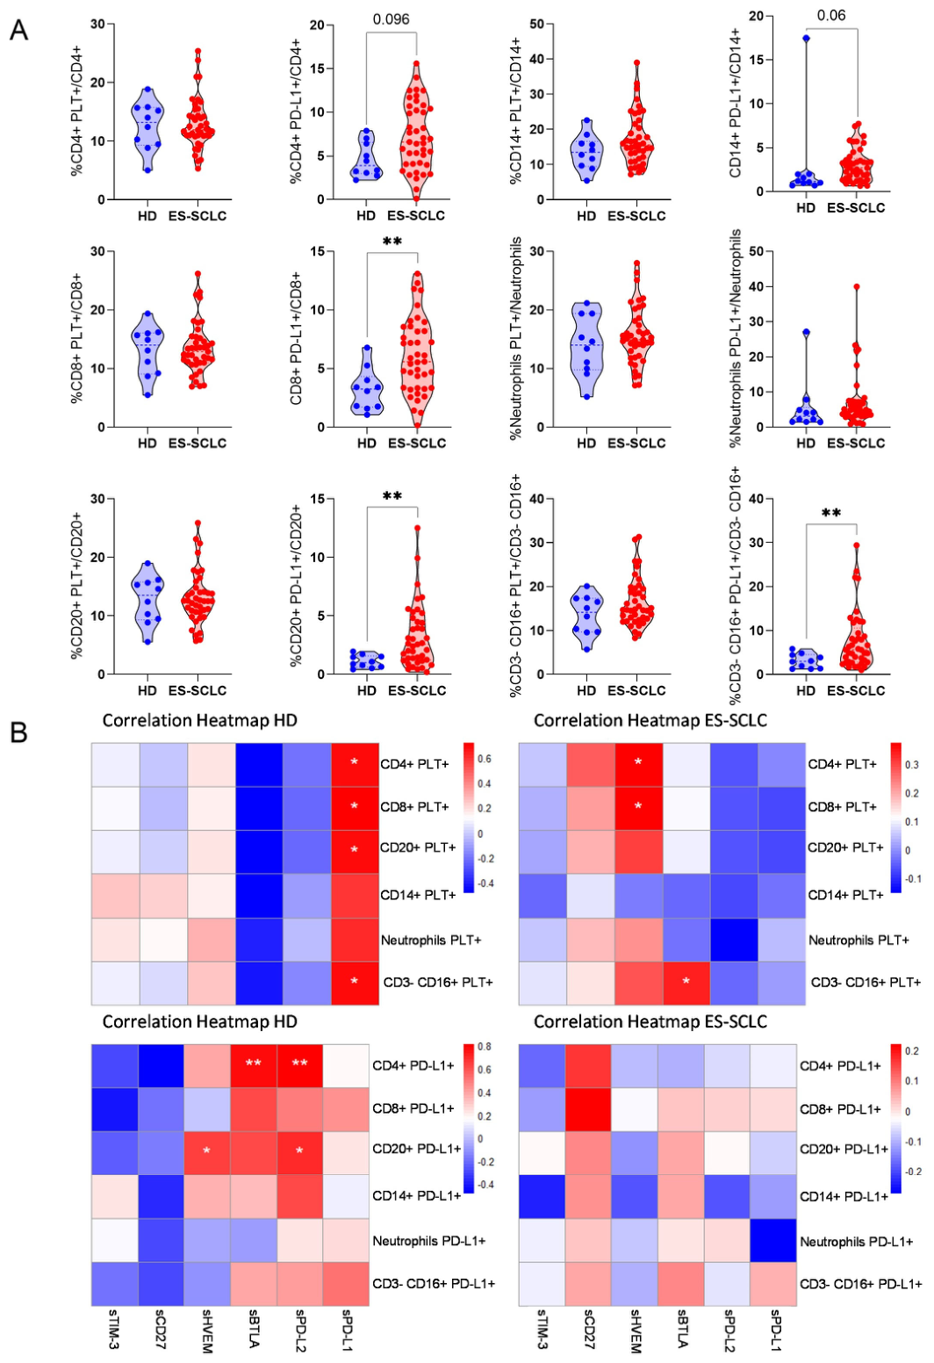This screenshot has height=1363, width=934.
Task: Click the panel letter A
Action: pyautogui.click(x=18, y=30)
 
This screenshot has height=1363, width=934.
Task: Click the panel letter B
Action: pyautogui.click(x=18, y=732)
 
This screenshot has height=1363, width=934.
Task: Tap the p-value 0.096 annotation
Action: pyautogui.click(x=391, y=19)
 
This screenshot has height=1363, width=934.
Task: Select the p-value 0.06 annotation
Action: pyautogui.click(x=831, y=15)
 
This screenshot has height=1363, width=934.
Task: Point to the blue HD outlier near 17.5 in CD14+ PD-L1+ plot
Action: pyautogui.click(x=807, y=39)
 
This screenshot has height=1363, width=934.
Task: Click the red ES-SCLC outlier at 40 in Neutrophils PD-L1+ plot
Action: pyautogui.click(x=856, y=286)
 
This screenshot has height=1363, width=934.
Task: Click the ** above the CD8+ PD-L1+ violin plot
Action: pyautogui.click(x=392, y=242)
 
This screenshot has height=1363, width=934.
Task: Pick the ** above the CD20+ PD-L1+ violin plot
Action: pyautogui.click(x=392, y=496)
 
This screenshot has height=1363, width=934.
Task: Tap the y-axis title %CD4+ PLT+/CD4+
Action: pyautogui.click(x=76, y=111)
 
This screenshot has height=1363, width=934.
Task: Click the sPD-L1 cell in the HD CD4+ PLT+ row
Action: pyautogui.click(x=356, y=764)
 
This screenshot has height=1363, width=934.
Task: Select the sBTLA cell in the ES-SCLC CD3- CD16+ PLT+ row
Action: pyautogui.click(x=686, y=983)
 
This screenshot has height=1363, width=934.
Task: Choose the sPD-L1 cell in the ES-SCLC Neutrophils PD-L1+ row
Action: pyautogui.click(x=772, y=1240)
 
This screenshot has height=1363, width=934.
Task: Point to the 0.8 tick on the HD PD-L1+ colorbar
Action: pyautogui.click(x=485, y=1047)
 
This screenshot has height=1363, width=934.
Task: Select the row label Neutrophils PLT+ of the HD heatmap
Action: pyautogui.click(x=430, y=940)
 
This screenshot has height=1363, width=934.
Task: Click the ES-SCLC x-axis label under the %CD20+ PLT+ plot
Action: pyautogui.click(x=197, y=690)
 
